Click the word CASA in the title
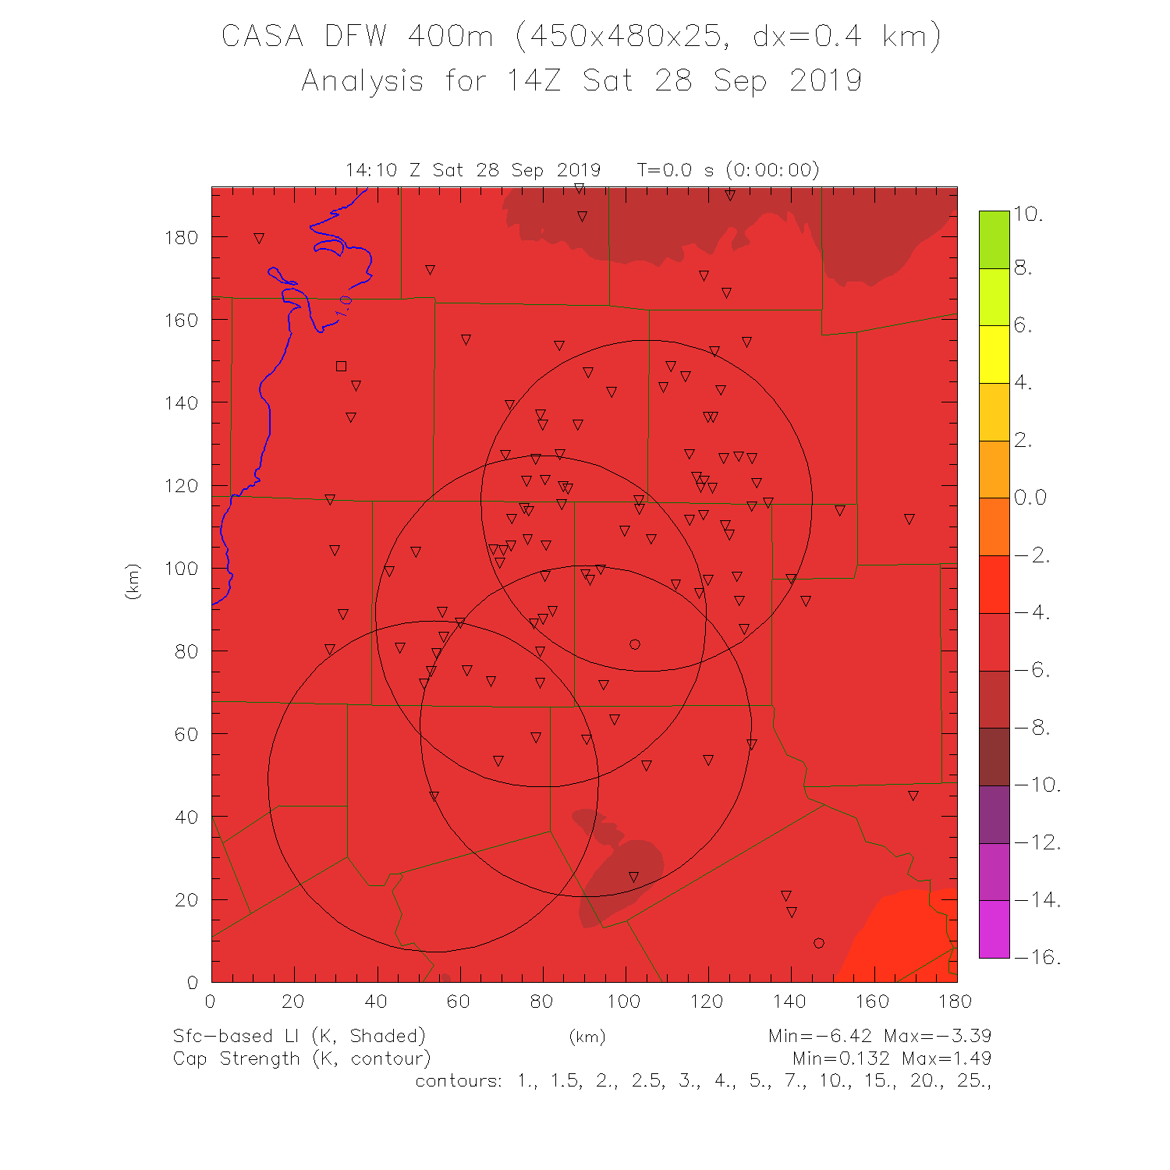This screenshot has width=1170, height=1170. tap(262, 36)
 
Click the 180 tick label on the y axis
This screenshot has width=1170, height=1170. tap(181, 237)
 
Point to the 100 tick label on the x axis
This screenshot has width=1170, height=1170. tap(623, 1002)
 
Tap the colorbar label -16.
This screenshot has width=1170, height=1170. tap(1037, 957)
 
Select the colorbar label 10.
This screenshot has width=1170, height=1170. tap(1029, 214)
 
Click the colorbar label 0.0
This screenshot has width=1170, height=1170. tap(1030, 498)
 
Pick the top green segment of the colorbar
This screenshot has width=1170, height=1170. tap(994, 239)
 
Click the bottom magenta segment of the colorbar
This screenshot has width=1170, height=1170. tap(994, 929)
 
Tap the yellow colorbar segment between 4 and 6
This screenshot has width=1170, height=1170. tap(994, 354)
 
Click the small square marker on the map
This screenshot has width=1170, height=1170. tap(341, 366)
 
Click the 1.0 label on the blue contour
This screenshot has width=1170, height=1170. tap(344, 306)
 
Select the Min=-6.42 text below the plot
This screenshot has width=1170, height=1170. tap(820, 1036)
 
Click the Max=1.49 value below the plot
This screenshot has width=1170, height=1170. tap(946, 1058)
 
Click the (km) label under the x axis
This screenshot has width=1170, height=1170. tap(587, 1037)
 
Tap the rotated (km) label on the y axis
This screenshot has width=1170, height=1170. tap(133, 581)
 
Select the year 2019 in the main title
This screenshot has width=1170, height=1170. tap(825, 81)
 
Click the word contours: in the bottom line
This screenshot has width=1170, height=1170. tap(459, 1081)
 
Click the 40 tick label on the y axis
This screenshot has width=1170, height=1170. tap(187, 817)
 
